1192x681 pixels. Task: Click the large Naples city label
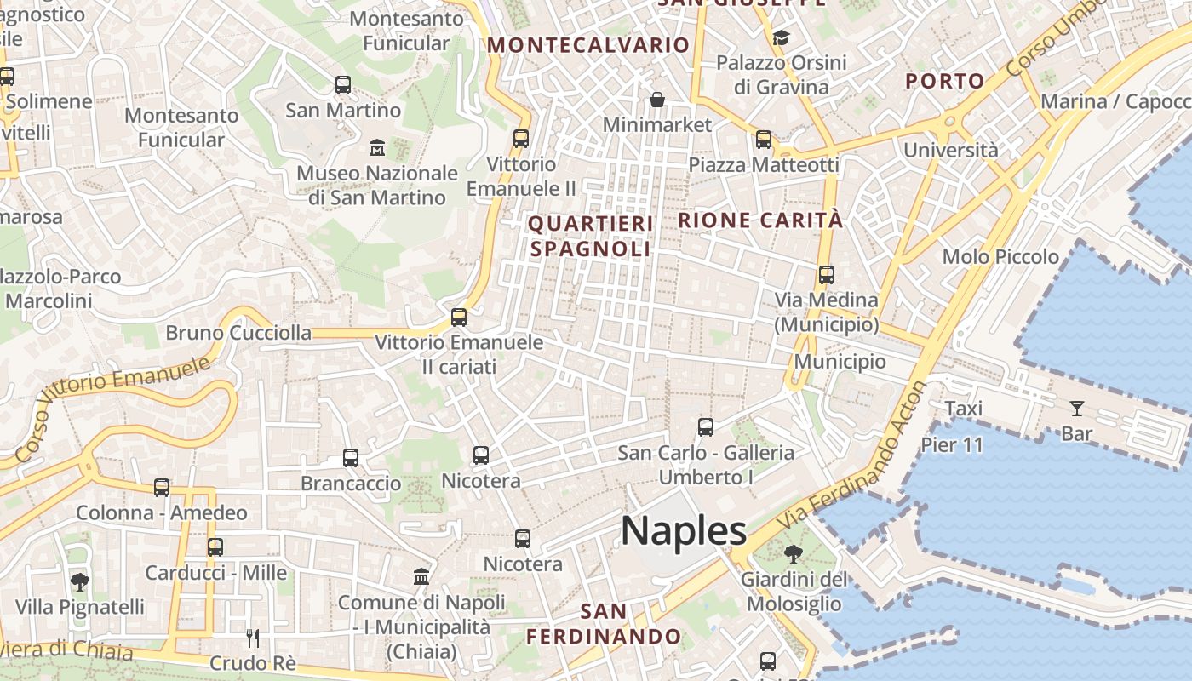[684, 532]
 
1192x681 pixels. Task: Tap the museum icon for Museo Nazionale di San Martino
[377, 148]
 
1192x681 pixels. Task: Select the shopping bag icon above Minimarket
[657, 100]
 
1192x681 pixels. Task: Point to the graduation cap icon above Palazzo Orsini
[781, 38]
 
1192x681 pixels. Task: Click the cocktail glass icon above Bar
[1077, 409]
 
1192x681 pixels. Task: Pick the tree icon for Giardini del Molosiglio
[793, 554]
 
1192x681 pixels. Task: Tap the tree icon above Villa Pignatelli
[80, 582]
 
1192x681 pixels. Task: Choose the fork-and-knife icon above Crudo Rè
[252, 638]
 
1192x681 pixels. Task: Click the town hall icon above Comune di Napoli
[421, 577]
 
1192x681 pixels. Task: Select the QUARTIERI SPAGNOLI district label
[591, 236]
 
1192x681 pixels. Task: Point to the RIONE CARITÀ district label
[760, 220]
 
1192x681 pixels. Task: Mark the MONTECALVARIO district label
[588, 45]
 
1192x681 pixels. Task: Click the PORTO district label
[944, 82]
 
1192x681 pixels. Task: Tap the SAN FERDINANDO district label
[604, 624]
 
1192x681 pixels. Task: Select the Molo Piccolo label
[1000, 257]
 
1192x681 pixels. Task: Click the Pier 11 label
[952, 444]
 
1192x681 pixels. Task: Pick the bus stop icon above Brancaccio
[350, 458]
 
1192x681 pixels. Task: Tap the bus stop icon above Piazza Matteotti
[764, 140]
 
